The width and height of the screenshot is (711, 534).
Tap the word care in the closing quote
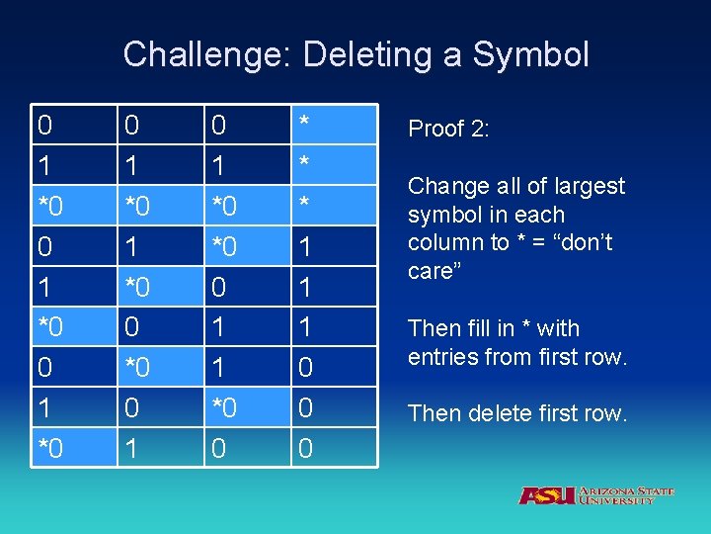431,271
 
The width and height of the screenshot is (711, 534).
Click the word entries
444,357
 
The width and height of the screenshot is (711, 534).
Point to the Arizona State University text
626,494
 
